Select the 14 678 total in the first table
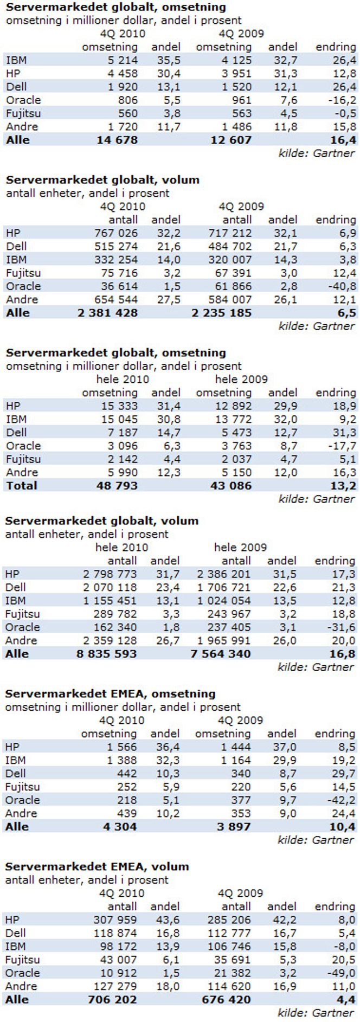point(117,140)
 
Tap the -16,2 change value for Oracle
point(342,100)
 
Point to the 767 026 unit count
point(117,233)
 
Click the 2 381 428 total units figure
point(108,313)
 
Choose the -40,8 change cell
point(342,286)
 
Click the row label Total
point(22,486)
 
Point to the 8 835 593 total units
point(107,654)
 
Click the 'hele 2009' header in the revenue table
point(241,380)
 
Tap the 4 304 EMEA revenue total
point(120,827)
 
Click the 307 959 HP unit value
point(115,920)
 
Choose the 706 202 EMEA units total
point(114,1000)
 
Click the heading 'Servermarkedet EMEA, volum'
point(97,867)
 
